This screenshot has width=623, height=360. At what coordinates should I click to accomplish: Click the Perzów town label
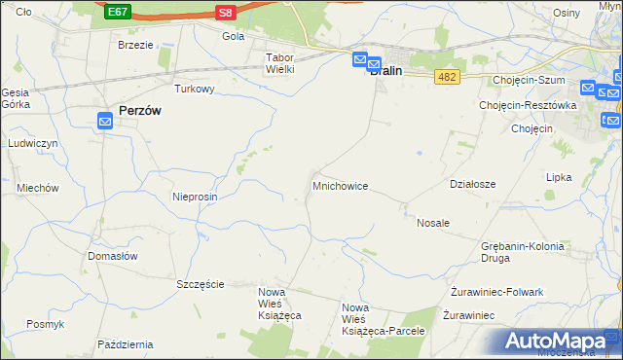point(139,111)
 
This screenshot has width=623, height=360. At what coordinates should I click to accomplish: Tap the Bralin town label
point(386,70)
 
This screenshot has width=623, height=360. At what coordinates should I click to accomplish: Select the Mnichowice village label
point(340,185)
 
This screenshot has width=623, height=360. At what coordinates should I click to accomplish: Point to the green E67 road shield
point(118,12)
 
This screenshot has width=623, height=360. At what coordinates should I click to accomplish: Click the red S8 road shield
point(226,12)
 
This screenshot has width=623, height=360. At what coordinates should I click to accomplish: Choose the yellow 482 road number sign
point(447,76)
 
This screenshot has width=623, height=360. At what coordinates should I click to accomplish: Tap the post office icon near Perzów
point(106,121)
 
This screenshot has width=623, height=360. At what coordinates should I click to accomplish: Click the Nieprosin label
point(195,197)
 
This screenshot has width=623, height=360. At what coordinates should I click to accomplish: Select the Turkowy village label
point(194,89)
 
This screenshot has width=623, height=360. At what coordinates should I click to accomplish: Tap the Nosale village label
point(433,223)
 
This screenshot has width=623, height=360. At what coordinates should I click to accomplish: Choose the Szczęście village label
point(201,284)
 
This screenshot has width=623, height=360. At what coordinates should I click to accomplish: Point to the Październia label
point(126,344)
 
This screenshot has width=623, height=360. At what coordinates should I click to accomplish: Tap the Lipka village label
point(559,178)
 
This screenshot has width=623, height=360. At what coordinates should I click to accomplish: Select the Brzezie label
point(135,45)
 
